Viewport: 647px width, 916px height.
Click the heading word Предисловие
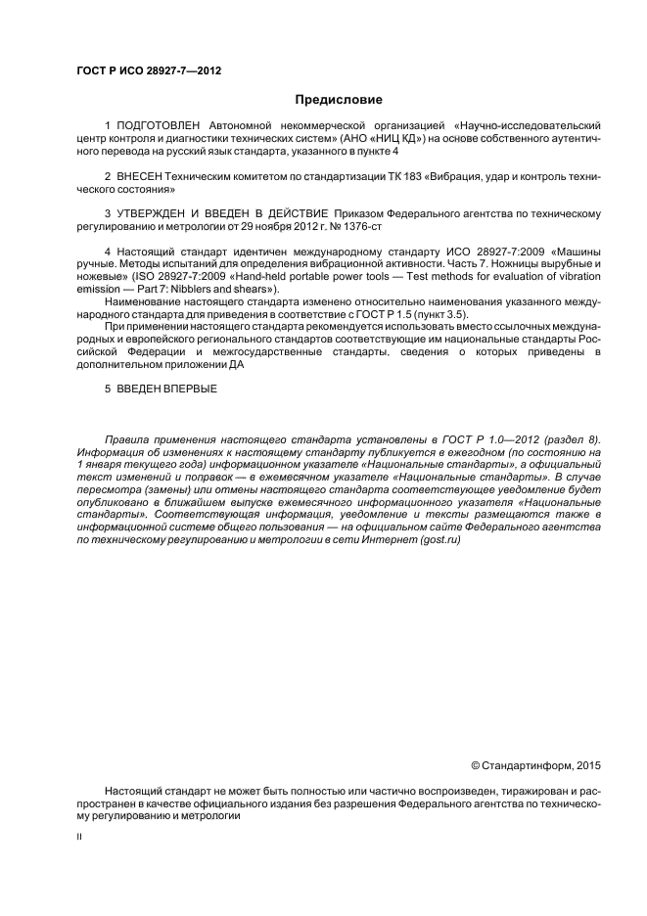coord(338,99)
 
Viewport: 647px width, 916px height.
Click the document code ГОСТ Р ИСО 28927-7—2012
coord(127,69)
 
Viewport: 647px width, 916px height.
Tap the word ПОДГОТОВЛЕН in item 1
coord(158,126)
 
